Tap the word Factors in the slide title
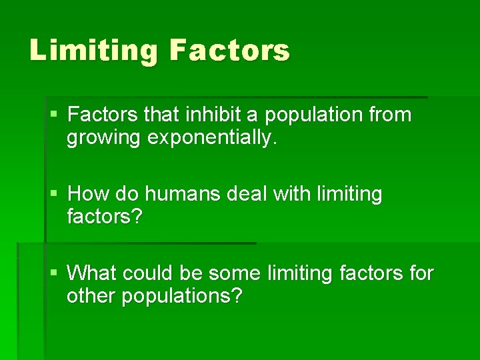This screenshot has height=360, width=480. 230,51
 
